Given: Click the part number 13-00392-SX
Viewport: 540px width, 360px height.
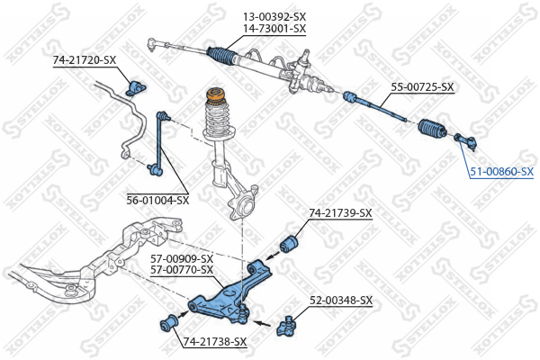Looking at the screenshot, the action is (x=274, y=16).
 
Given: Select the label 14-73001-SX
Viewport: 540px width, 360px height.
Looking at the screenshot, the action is (x=274, y=28).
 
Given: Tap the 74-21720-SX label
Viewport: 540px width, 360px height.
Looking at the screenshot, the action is (x=85, y=60).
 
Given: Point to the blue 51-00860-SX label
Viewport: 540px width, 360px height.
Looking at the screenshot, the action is (x=502, y=171).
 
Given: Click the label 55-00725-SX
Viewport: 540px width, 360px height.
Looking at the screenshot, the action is (x=422, y=86).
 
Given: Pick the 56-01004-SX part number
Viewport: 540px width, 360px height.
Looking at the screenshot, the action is (x=157, y=200).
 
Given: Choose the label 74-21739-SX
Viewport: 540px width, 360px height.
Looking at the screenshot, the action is (x=340, y=213).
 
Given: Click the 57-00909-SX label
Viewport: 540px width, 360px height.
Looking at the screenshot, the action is (x=182, y=258).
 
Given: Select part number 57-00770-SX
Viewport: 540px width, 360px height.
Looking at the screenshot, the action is (x=182, y=269).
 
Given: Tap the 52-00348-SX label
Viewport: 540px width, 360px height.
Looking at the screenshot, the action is (x=341, y=301).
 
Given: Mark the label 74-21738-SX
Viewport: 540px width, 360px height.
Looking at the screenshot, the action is (x=215, y=341).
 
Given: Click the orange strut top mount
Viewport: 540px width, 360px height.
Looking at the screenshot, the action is (x=216, y=95).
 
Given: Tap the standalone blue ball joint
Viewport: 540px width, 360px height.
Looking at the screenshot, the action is (x=286, y=327).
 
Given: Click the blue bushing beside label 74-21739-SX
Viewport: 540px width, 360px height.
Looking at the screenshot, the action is (x=289, y=243).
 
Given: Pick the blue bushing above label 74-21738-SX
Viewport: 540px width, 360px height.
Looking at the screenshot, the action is (x=169, y=324).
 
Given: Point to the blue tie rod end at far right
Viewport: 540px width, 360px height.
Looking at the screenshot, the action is (x=466, y=140).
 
